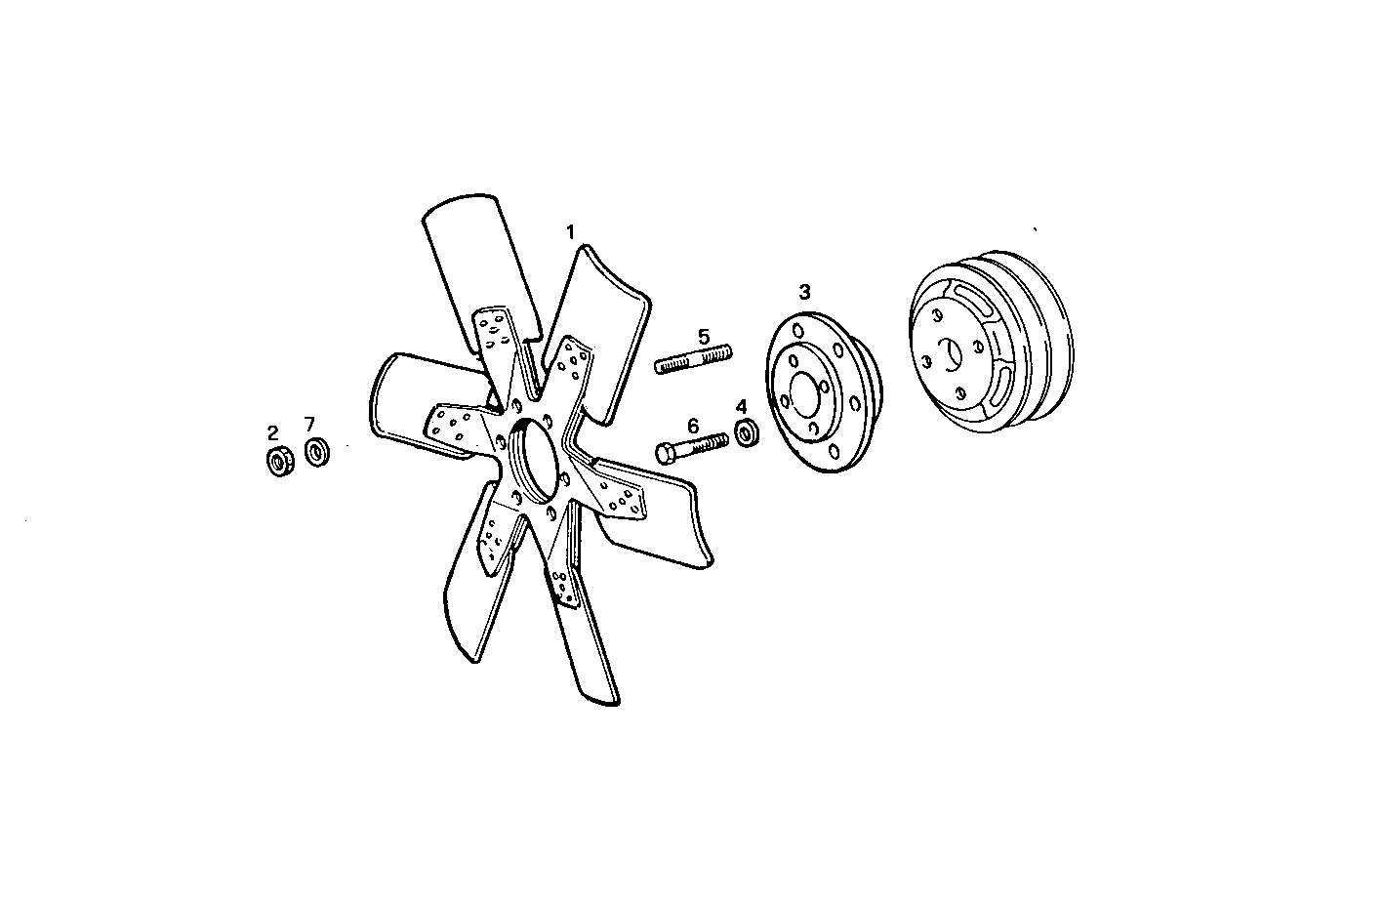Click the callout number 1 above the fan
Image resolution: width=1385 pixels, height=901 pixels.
coord(571,232)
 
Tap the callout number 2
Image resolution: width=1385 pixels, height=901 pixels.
coord(273,431)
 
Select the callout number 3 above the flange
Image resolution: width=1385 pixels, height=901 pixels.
coord(804,291)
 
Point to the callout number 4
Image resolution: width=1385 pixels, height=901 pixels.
coord(742,406)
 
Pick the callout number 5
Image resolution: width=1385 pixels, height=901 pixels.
coord(704,337)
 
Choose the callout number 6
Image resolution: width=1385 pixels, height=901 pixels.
coord(693,425)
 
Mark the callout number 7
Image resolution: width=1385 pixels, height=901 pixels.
coord(309,424)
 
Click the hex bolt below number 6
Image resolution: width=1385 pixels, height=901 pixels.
coord(692,446)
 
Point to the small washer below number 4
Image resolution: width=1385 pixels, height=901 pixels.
coord(747,432)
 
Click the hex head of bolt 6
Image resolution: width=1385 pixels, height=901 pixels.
coord(665,453)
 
